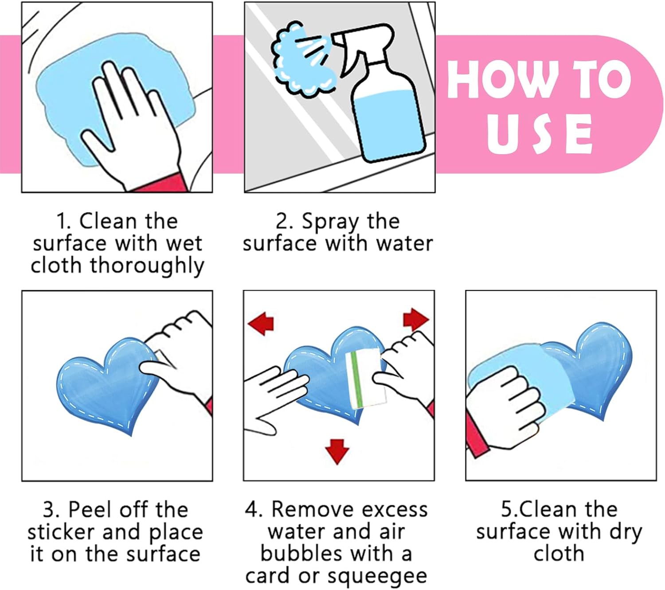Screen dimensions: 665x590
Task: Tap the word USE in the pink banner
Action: (x=540, y=134)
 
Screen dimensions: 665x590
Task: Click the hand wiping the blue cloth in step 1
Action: (x=131, y=121)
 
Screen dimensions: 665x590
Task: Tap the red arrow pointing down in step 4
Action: (x=337, y=452)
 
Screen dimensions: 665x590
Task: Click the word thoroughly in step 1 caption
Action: (x=147, y=266)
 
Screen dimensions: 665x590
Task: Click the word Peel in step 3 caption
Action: (x=91, y=510)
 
